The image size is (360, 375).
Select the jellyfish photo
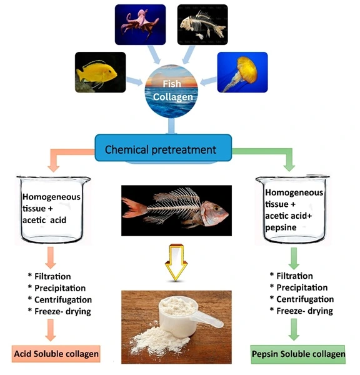pyautogui.click(x=242, y=72)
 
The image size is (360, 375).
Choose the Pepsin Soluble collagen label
pyautogui.click(x=299, y=355)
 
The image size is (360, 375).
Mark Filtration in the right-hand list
pyautogui.click(x=294, y=276)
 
